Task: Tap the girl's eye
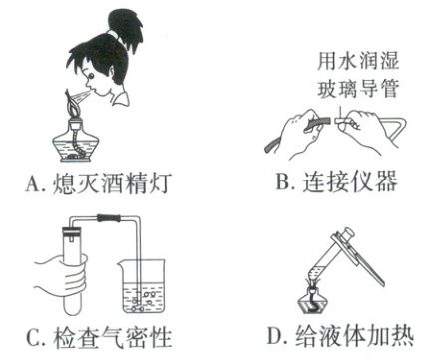[x=91, y=76]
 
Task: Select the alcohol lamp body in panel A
[x=76, y=143]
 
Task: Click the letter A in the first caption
[x=33, y=183]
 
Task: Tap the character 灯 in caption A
[x=160, y=182]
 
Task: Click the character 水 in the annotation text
[x=347, y=61]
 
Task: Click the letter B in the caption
[x=283, y=181]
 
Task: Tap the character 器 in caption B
[x=387, y=181]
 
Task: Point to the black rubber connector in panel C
[x=108, y=218]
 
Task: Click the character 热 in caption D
[x=403, y=336]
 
